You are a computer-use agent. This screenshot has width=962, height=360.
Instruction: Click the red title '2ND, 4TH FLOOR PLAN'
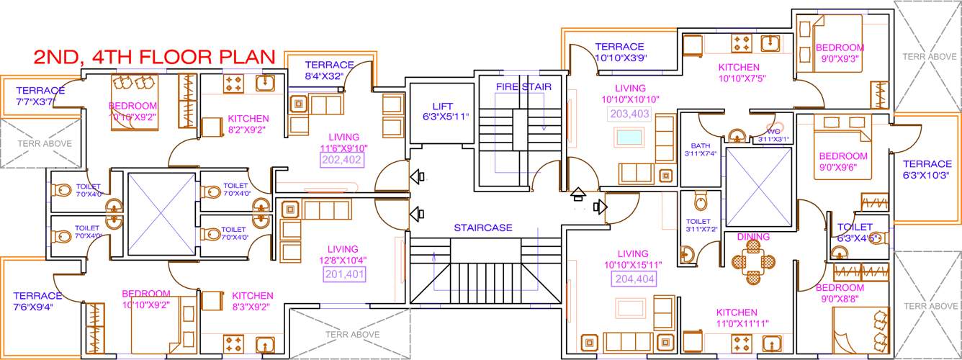(x=154, y=56)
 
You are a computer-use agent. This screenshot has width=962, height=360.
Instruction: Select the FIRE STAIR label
(x=523, y=87)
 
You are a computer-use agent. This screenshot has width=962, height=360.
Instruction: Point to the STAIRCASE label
(x=482, y=228)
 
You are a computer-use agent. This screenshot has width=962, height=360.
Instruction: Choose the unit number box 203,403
(x=629, y=113)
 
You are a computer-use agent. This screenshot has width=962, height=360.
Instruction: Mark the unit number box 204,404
(x=634, y=279)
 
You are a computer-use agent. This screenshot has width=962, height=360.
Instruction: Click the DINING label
(x=753, y=237)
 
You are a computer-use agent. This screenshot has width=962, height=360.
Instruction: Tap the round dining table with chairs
(x=753, y=261)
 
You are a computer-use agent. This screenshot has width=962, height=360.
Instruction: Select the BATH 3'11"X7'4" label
(x=700, y=149)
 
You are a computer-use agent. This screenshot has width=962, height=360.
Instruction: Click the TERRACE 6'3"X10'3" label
(x=927, y=169)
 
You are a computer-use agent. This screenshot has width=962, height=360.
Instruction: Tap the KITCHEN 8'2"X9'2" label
(x=248, y=125)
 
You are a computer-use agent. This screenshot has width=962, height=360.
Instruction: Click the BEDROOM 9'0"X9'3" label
(x=840, y=53)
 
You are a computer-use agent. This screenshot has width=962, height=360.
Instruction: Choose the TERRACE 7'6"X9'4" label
(x=37, y=301)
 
